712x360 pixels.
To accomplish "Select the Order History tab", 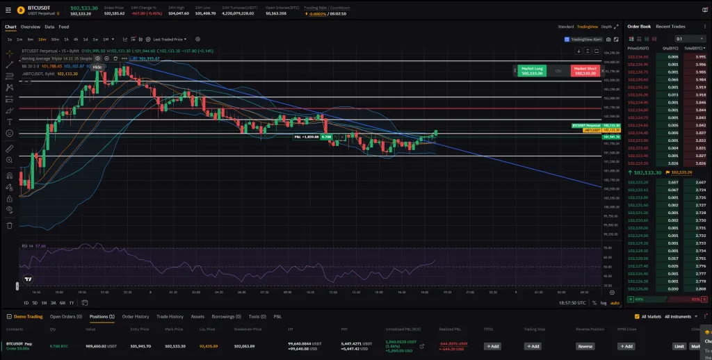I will (x=136, y=316).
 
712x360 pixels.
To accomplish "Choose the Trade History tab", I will (x=170, y=316).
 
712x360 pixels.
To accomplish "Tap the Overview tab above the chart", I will (x=30, y=26).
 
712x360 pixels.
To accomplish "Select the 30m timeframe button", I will (x=54, y=39).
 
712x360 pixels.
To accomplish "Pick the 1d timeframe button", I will (x=86, y=39).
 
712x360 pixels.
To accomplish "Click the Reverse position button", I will (x=585, y=346).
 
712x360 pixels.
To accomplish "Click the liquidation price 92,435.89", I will (x=208, y=345).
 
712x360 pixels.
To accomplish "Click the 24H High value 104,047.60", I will (x=179, y=13).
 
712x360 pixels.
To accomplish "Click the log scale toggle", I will (x=603, y=303).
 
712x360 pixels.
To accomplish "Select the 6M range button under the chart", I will (x=63, y=303).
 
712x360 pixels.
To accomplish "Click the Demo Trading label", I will (x=28, y=316).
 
